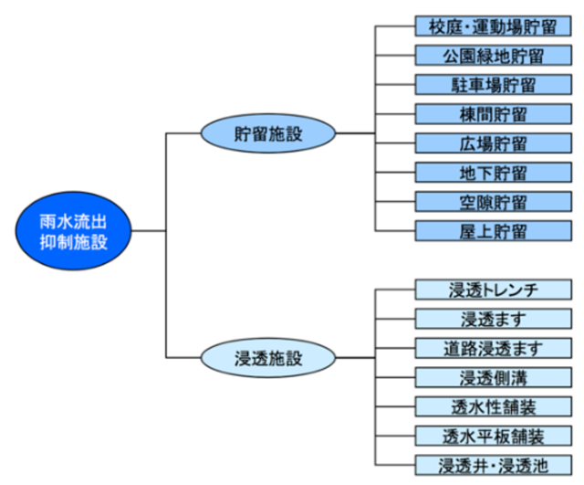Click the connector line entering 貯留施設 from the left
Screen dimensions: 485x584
182,133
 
